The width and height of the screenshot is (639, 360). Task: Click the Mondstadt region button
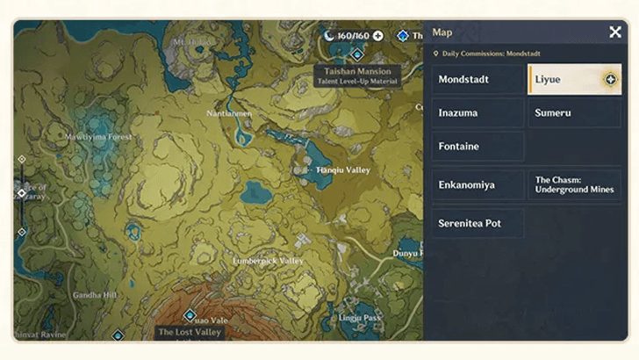[x=477, y=80]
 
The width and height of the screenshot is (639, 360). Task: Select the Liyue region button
[x=574, y=80]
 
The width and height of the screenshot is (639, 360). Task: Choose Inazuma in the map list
[x=477, y=113]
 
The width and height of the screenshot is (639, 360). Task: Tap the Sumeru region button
[x=574, y=113]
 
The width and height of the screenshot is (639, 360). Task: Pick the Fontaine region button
[x=477, y=147]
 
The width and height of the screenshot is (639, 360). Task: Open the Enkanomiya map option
[x=477, y=185]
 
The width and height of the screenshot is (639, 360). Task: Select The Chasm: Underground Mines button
[x=574, y=185]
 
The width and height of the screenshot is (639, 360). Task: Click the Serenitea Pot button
[x=477, y=224]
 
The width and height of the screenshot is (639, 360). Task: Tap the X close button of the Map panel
[x=615, y=32]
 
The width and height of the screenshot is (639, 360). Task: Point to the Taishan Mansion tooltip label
[x=358, y=75]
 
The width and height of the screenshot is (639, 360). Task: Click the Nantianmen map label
[x=229, y=113]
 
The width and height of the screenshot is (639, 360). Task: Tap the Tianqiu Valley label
[x=343, y=170]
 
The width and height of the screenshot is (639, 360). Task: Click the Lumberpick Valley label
[x=268, y=262]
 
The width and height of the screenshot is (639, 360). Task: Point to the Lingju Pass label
[x=360, y=317]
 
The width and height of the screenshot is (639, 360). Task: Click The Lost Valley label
[x=190, y=333]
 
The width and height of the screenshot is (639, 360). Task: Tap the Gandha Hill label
[x=95, y=295]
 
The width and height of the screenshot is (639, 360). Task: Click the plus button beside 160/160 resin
[x=378, y=36]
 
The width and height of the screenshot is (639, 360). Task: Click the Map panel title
[x=442, y=32]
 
